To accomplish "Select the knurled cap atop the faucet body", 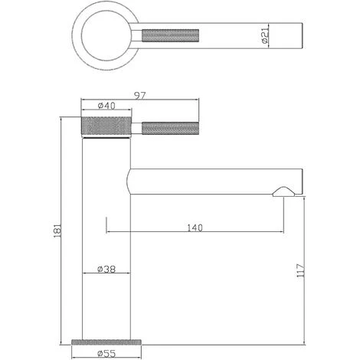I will [107, 126].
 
